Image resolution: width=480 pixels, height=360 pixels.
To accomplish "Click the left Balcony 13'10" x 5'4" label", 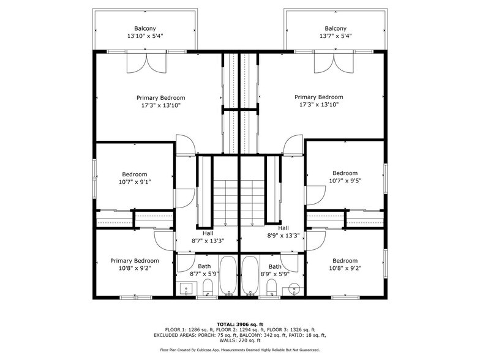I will pyautogui.click(x=145, y=32).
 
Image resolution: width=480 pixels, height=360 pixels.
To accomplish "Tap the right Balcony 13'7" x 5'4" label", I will pyautogui.click(x=335, y=32).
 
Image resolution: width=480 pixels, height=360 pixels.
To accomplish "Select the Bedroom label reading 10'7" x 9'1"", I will pyautogui.click(x=134, y=178).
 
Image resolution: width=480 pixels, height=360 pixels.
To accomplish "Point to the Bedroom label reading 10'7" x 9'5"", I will pyautogui.click(x=345, y=177).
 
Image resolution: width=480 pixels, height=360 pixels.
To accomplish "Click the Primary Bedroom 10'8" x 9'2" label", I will pyautogui.click(x=134, y=264).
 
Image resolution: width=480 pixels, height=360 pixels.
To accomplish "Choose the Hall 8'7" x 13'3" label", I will pyautogui.click(x=208, y=237).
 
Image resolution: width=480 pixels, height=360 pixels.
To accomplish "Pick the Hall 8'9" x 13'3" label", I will pyautogui.click(x=282, y=231).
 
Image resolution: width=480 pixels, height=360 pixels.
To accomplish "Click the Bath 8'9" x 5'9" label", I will pyautogui.click(x=275, y=270).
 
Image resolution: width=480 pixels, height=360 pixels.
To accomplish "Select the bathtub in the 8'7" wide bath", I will pyautogui.click(x=228, y=276).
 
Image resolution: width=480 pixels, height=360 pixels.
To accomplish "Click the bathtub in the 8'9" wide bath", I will pyautogui.click(x=250, y=276).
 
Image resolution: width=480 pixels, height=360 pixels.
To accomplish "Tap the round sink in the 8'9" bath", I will pyautogui.click(x=294, y=288).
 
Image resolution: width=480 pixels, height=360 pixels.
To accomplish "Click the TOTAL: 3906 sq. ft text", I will pyautogui.click(x=240, y=324).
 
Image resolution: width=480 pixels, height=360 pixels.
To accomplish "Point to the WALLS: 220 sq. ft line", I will pyautogui.click(x=240, y=340).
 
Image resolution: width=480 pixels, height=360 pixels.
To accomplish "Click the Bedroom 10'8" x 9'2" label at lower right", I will pyautogui.click(x=345, y=264).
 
